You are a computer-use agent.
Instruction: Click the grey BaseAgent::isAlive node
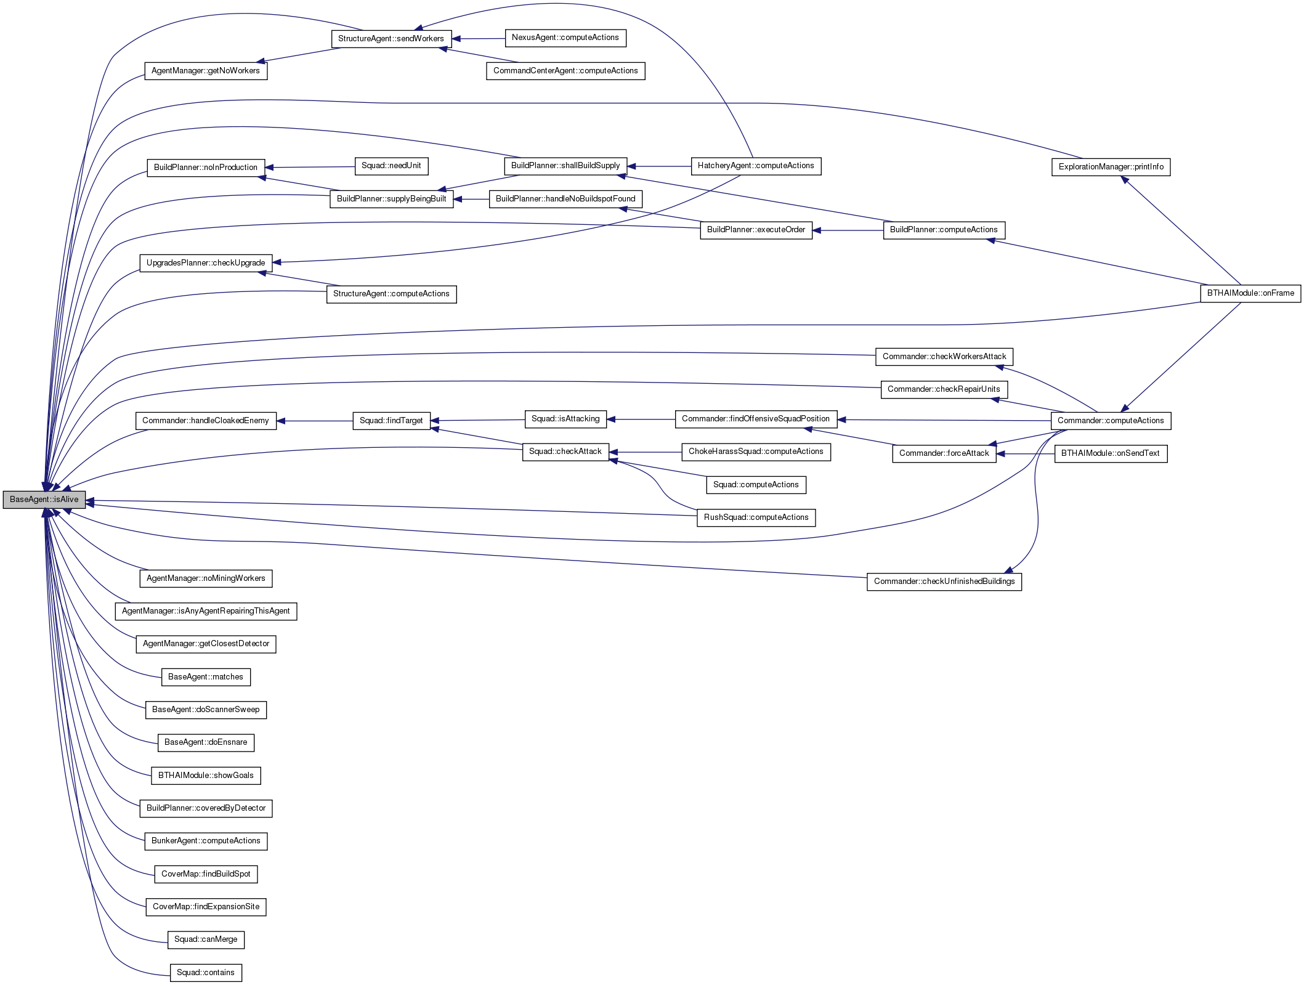[44, 500]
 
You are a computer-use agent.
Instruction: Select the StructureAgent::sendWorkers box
[391, 39]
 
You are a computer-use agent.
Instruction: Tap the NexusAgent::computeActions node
[565, 38]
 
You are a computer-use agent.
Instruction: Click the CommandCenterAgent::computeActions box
[565, 71]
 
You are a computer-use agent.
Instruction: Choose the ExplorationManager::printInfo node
[1111, 167]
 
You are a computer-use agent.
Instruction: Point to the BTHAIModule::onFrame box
[1250, 293]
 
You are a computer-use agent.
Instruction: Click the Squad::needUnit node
[391, 166]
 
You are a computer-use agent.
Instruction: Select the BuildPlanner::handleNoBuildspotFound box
[565, 199]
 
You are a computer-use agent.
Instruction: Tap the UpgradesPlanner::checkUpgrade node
[206, 263]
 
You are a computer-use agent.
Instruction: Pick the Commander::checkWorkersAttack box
[944, 357]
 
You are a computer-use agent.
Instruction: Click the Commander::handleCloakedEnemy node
[205, 421]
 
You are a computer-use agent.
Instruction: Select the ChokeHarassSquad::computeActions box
[755, 452]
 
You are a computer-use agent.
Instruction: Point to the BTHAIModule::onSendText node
[1110, 453]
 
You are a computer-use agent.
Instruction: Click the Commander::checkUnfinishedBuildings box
[944, 582]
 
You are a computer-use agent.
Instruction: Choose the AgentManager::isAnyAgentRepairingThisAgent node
[206, 611]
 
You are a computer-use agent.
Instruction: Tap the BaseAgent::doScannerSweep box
[206, 710]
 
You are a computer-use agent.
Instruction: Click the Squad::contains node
[205, 973]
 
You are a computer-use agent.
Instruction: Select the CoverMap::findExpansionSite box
[206, 907]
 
